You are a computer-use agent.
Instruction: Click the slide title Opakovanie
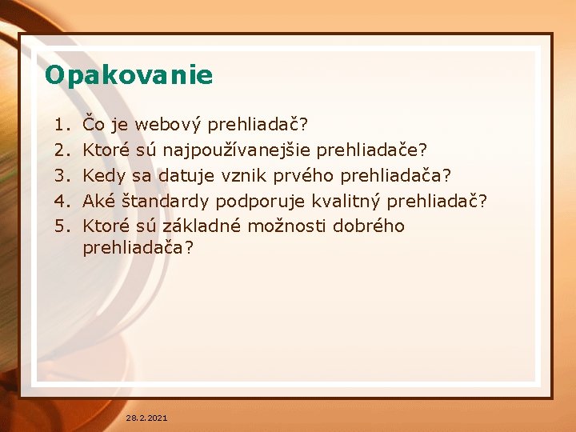coord(129,75)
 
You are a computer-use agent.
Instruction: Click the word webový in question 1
coord(169,125)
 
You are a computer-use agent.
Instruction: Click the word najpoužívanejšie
coord(237,150)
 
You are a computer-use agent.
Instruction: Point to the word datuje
coord(185,175)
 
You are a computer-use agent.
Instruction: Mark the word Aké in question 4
coord(99,201)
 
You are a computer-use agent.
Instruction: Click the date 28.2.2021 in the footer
coord(146,418)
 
